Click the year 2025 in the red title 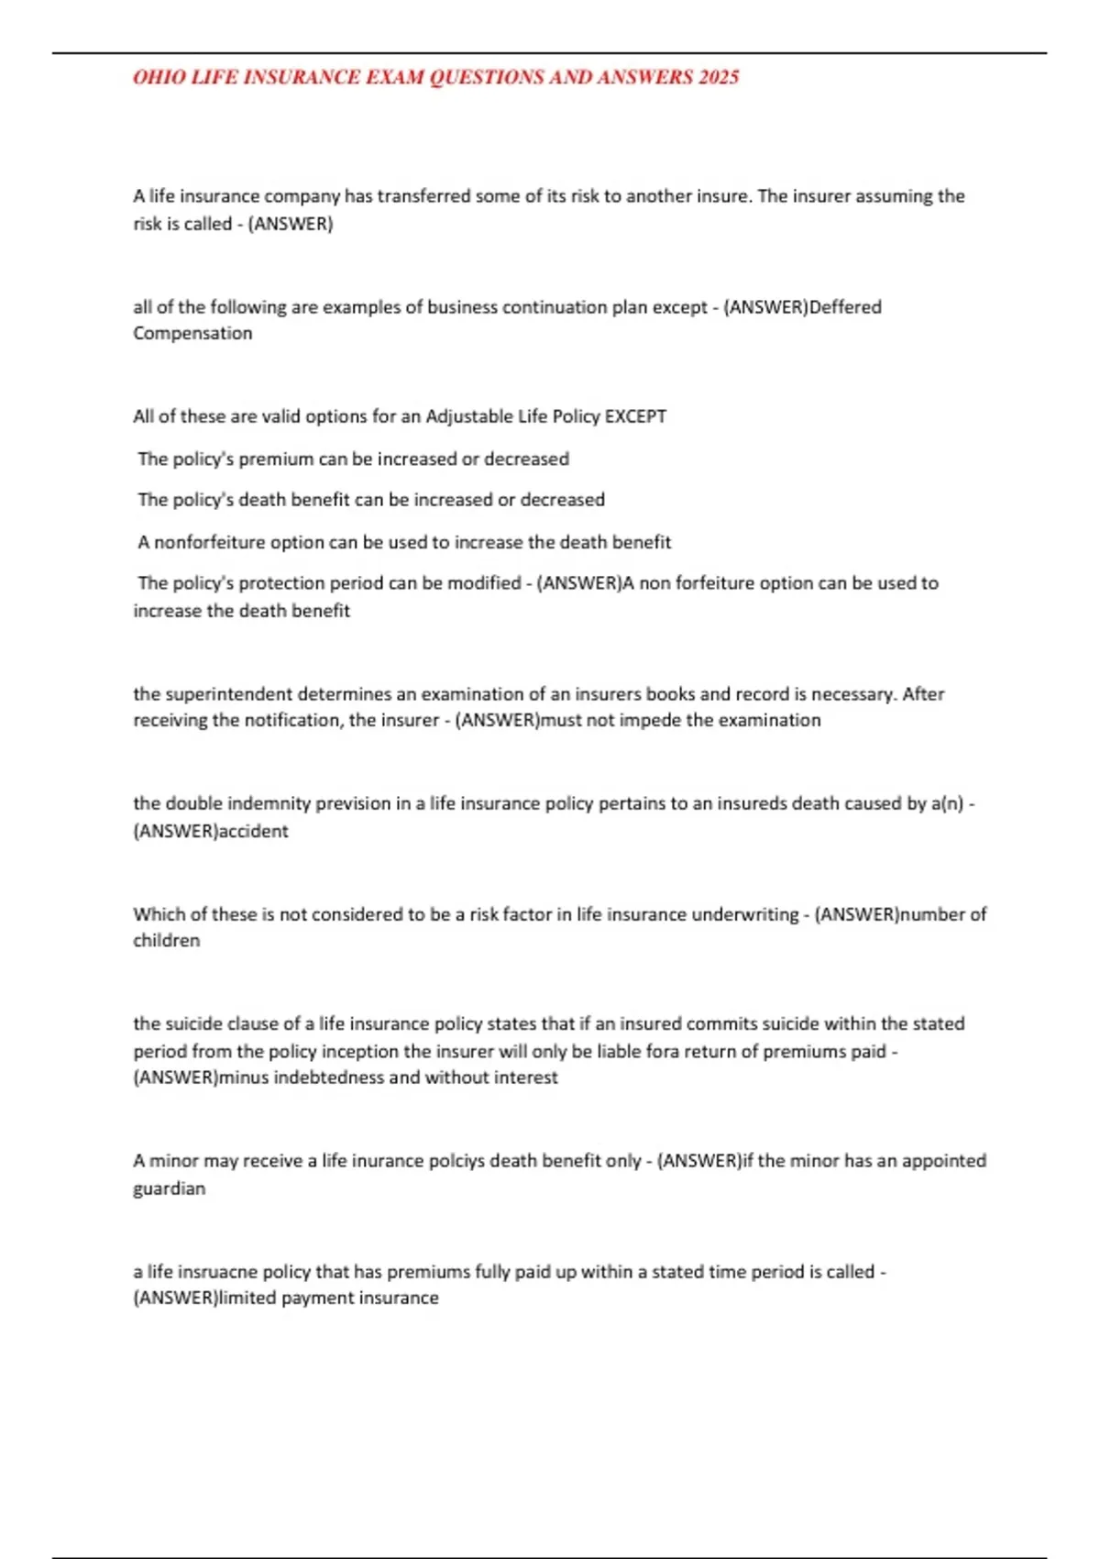click(x=719, y=77)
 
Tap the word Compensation click(x=192, y=333)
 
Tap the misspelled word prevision click(x=352, y=803)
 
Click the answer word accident click(x=253, y=831)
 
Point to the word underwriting click(x=744, y=913)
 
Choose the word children click(x=166, y=940)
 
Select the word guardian click(x=169, y=1188)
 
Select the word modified click(x=483, y=582)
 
